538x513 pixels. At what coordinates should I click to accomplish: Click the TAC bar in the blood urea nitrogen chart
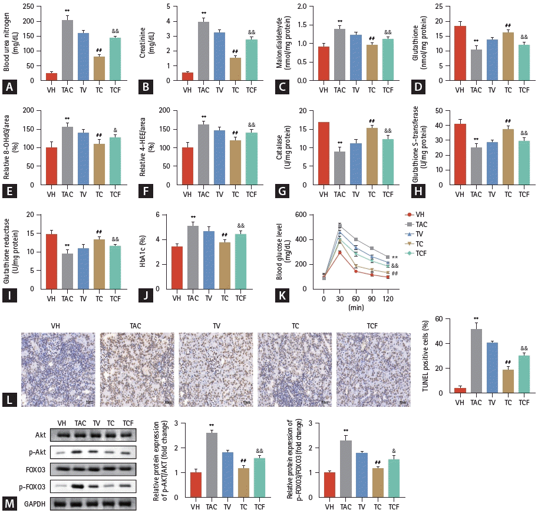[68, 50]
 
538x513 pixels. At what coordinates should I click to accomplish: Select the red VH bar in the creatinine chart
[187, 77]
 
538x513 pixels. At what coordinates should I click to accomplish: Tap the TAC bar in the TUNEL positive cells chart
[475, 361]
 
